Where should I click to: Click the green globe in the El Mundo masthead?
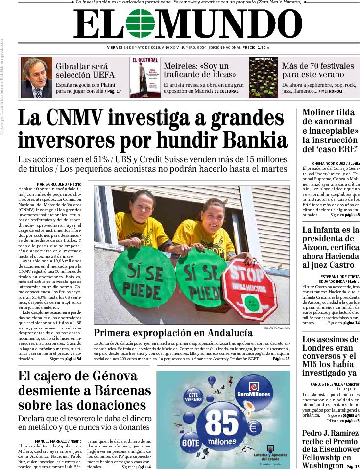point(141,23)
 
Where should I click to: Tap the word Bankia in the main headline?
point(255,141)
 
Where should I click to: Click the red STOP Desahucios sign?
point(249,283)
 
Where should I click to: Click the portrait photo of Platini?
point(36,78)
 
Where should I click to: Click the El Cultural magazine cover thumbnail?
point(144,78)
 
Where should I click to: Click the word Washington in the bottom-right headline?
point(323,465)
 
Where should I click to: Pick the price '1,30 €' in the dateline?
point(264,48)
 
